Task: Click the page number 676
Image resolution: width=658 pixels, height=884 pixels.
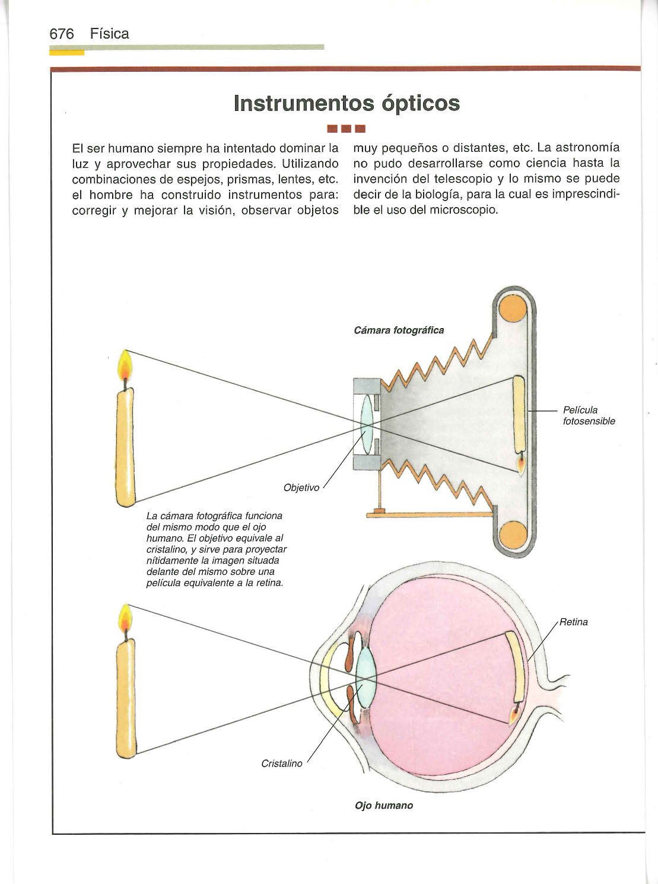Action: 61,34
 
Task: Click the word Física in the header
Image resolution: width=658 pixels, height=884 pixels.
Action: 110,34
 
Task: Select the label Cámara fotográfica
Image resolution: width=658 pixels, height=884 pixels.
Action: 399,330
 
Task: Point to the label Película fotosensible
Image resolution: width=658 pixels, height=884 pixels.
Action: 588,415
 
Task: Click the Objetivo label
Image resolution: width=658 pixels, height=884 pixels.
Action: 301,488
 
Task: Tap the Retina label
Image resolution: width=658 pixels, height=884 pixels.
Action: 573,622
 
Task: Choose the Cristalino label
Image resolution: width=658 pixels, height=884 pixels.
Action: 282,763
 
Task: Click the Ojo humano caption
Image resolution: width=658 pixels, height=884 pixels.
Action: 384,805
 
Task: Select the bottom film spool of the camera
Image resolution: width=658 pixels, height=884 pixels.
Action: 512,535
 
